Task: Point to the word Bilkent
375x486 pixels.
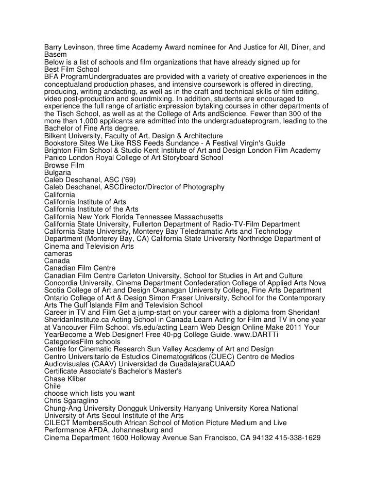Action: (x=56, y=136)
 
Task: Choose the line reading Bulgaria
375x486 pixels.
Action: (x=58, y=172)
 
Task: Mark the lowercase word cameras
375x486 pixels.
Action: (x=58, y=253)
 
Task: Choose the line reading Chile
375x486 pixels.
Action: (x=52, y=385)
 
